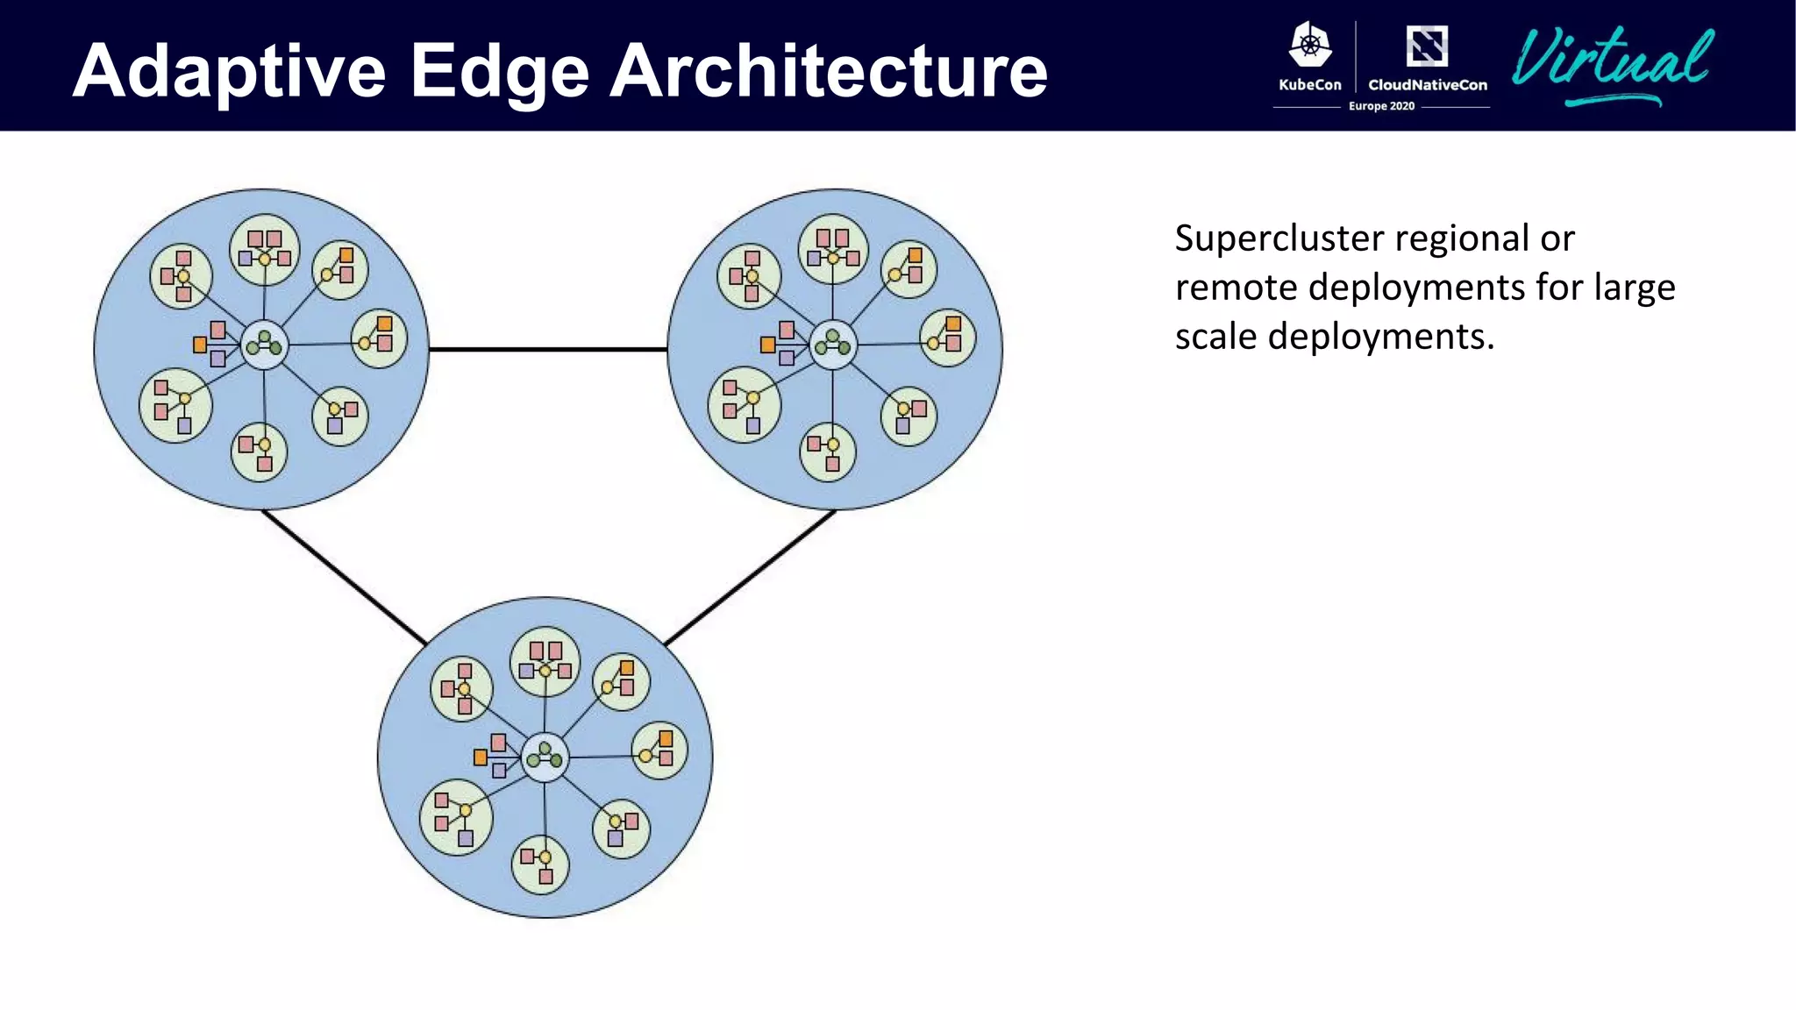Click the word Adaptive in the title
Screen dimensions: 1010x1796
230,72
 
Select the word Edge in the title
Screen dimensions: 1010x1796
500,72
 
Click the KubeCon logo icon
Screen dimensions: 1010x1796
1309,46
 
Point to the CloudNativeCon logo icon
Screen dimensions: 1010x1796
1427,46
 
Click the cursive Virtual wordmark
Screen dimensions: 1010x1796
1612,61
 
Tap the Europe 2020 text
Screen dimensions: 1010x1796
1381,106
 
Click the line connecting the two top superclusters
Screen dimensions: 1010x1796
548,350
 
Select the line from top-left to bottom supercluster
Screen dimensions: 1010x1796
344,577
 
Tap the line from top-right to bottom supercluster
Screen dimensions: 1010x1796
750,578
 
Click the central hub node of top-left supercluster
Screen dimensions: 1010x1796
264,345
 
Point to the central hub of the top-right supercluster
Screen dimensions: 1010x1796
832,345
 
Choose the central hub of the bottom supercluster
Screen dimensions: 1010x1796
545,757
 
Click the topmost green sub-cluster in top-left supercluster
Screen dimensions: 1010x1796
264,250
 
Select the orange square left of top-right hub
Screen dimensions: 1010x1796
767,345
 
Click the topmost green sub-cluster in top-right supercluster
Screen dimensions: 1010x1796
832,250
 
